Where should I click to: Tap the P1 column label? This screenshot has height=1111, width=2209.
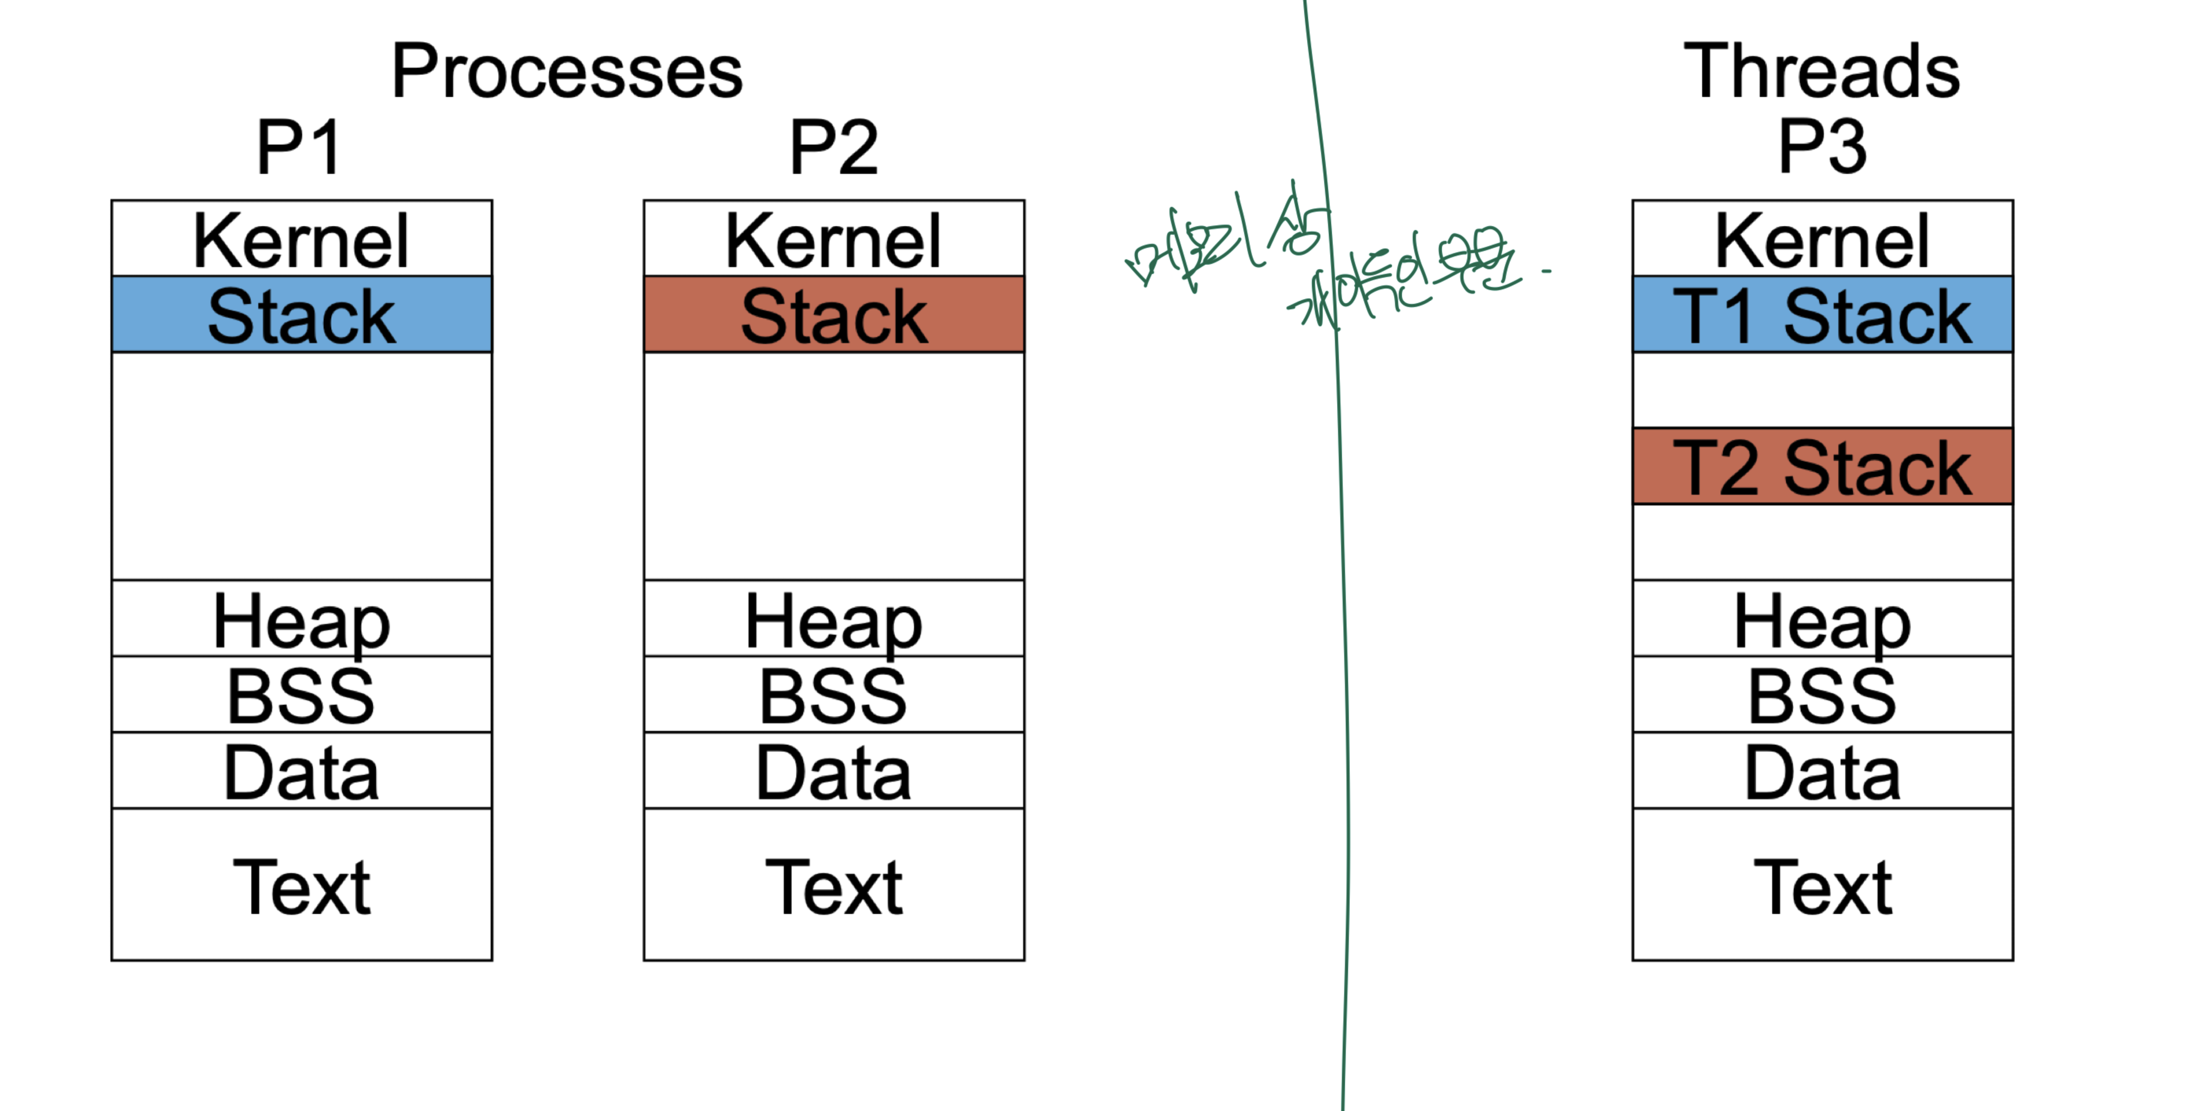coord(299,147)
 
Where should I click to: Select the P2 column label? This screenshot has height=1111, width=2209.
coord(834,147)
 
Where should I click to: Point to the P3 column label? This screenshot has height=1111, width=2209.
coord(1822,147)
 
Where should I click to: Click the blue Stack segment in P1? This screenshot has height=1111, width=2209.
coord(302,315)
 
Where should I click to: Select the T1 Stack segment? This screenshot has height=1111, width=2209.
coord(1822,315)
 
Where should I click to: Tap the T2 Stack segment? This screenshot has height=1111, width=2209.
coord(1822,467)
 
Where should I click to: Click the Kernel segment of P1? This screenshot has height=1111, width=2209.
coord(302,239)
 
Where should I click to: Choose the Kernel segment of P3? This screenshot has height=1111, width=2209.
coord(1822,239)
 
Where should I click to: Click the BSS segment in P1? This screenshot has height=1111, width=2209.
coord(302,694)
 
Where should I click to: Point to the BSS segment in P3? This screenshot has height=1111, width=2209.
coord(1822,694)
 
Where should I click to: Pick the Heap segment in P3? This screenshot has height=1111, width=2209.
coord(1822,619)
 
